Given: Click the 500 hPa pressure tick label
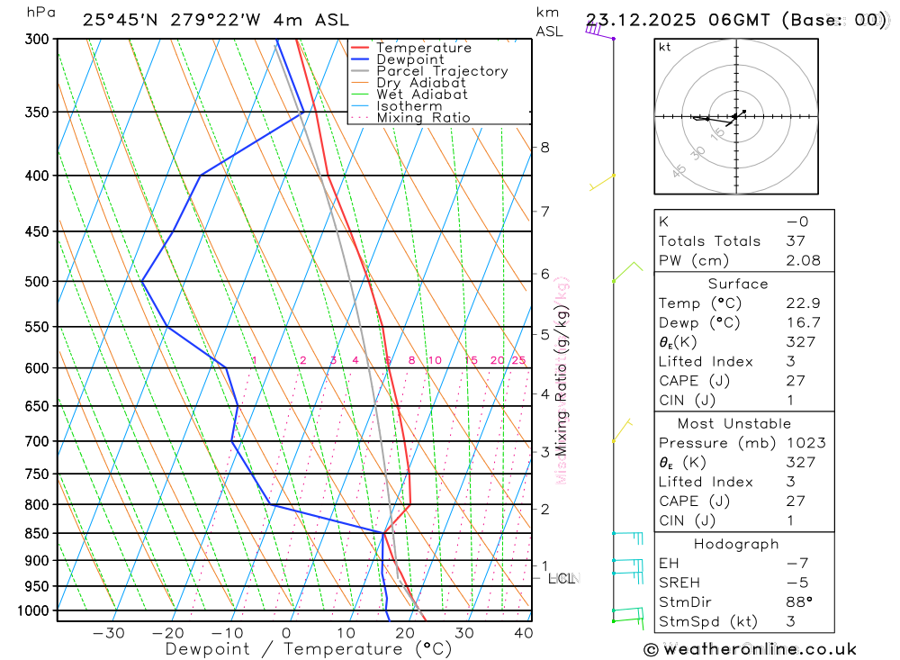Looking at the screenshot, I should (38, 282).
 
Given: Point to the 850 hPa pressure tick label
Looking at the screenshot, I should (38, 534).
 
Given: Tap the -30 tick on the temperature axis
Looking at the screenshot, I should (109, 633).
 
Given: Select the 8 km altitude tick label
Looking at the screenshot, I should (544, 147).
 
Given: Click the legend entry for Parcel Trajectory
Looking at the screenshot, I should (442, 71).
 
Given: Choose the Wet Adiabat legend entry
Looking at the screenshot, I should (422, 95).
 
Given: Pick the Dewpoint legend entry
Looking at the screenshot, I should (410, 59).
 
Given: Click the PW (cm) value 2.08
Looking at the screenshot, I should (803, 260).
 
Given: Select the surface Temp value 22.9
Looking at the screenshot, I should (803, 303).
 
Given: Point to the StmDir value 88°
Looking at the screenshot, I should (798, 602).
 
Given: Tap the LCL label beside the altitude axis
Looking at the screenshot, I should (562, 578).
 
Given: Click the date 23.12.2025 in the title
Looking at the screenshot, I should (634, 20).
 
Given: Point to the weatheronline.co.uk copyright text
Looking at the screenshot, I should (751, 648).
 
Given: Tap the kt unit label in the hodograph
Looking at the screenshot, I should (665, 47).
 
